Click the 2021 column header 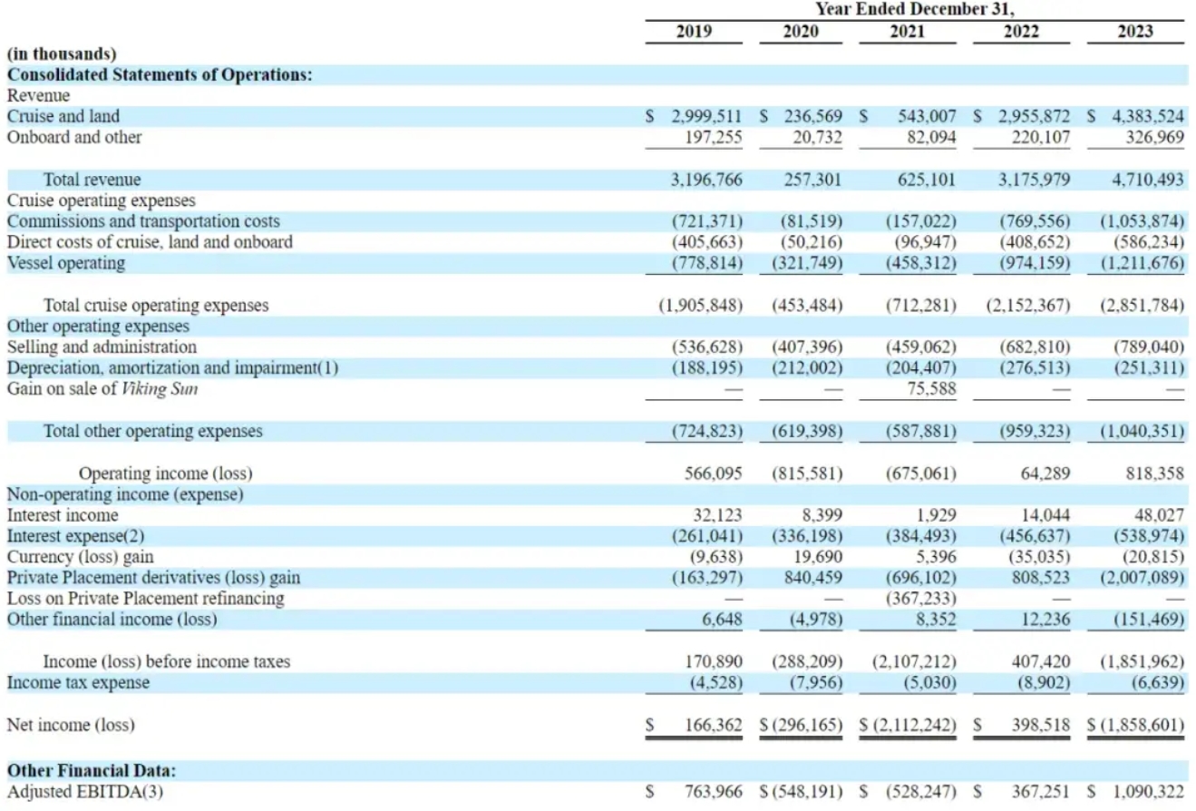tap(907, 32)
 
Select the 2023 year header tap(1135, 32)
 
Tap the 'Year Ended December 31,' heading tap(915, 9)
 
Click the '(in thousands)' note tap(62, 54)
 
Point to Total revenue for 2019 tap(706, 180)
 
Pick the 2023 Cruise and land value tap(1148, 116)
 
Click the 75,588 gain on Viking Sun tap(932, 388)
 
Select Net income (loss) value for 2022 tap(1041, 725)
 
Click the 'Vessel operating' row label tap(66, 263)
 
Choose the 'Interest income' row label tap(63, 515)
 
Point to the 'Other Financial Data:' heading tap(92, 770)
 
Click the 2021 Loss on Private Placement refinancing tap(921, 599)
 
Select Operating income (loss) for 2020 tap(807, 474)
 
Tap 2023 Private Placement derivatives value tap(1143, 578)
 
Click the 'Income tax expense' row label tap(78, 682)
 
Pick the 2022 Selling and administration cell tap(1035, 347)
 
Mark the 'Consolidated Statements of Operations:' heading tap(160, 74)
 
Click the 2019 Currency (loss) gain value tap(716, 557)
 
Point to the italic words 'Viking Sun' tap(160, 388)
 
